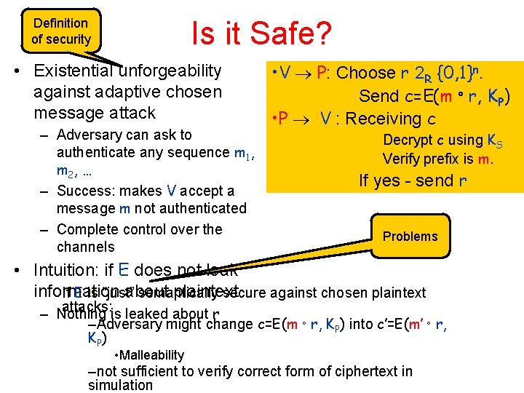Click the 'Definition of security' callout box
[x=61, y=31]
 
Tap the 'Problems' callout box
[x=410, y=236]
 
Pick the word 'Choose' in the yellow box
[x=367, y=72]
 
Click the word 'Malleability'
[x=153, y=354]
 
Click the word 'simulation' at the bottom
[x=120, y=385]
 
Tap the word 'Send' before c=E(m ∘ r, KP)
[x=379, y=95]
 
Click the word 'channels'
[x=85, y=247]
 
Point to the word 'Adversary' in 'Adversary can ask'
[x=88, y=135]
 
